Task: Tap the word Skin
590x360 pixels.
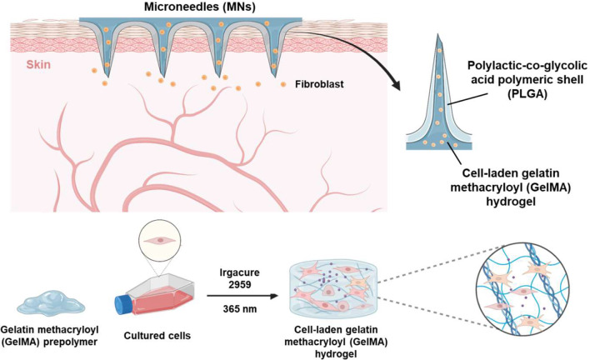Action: [38, 64]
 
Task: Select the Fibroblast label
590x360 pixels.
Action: [319, 84]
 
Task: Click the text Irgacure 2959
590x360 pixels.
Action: [240, 278]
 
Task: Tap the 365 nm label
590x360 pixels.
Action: [240, 309]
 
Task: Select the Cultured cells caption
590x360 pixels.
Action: [157, 336]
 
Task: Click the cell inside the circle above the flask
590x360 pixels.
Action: [160, 240]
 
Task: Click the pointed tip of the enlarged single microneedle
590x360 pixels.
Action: [438, 35]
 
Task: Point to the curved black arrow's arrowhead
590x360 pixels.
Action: [396, 85]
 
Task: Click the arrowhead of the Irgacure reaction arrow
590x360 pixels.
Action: [274, 296]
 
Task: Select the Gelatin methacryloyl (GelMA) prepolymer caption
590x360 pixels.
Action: [49, 336]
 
